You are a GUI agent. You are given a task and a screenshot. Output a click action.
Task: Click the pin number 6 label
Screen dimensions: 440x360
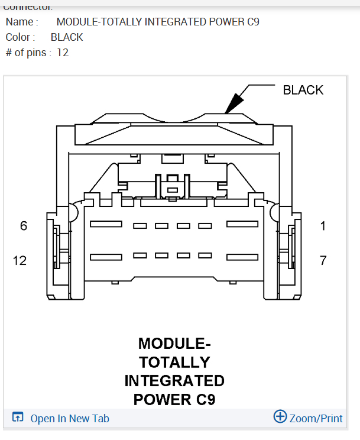tap(24, 225)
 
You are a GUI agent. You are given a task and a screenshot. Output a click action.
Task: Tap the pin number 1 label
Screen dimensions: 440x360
tap(323, 225)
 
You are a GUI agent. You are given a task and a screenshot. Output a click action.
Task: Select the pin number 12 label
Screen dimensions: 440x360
tap(20, 260)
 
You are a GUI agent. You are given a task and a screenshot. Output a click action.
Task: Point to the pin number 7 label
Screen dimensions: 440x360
tap(323, 260)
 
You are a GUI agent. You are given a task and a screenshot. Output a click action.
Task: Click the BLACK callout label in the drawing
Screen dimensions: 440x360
tap(303, 90)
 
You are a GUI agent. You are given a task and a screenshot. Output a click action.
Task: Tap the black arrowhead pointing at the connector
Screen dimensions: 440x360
tap(235, 102)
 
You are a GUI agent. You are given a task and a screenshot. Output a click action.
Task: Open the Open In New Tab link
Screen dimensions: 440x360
tap(70, 418)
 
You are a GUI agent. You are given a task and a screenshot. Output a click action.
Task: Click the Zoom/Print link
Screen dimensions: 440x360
tap(316, 418)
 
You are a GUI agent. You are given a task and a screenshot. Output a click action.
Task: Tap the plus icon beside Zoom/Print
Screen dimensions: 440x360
tap(280, 416)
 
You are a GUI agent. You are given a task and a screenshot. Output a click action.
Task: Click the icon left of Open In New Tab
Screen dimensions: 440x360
tap(18, 418)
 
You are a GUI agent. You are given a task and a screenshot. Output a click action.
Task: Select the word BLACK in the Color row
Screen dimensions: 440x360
tap(67, 37)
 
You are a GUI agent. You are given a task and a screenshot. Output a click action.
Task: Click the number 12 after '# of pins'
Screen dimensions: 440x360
tap(63, 53)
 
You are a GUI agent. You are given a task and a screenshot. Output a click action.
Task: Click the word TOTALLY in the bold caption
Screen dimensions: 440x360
tap(174, 362)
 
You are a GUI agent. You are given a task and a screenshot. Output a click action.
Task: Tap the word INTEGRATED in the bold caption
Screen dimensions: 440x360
tap(174, 380)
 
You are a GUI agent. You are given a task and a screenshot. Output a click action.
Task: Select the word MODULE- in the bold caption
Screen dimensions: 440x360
tap(174, 344)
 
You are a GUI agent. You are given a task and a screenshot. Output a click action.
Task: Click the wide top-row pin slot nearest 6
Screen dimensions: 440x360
tap(106, 224)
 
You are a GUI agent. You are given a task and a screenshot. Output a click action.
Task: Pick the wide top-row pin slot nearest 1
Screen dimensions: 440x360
tap(242, 224)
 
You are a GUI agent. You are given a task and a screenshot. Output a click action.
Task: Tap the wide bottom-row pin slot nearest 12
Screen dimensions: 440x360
tap(106, 257)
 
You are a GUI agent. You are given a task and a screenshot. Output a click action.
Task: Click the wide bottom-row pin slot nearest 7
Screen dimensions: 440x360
tap(242, 257)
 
